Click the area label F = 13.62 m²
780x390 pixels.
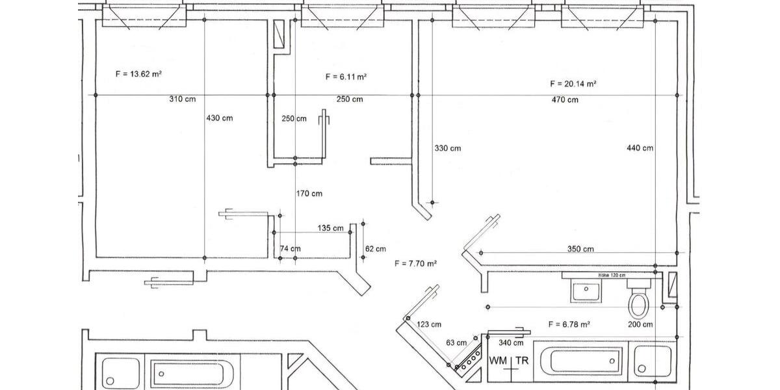(138, 74)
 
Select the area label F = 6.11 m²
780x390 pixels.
(346, 77)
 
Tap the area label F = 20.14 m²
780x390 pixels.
(573, 84)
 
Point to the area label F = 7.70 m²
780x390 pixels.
(415, 263)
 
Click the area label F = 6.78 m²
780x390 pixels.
(569, 324)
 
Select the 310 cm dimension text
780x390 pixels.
(183, 99)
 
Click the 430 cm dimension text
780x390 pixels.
(219, 118)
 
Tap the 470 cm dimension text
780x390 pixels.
(564, 99)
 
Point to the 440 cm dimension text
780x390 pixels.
(640, 148)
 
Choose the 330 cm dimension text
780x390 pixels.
(447, 148)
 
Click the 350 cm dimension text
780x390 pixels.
(580, 249)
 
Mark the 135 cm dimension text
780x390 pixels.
(330, 228)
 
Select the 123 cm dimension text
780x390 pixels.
(428, 324)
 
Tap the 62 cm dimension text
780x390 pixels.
(376, 249)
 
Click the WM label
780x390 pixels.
(499, 360)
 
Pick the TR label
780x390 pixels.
(522, 360)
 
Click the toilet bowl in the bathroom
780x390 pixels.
(638, 304)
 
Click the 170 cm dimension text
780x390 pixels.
(309, 194)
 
